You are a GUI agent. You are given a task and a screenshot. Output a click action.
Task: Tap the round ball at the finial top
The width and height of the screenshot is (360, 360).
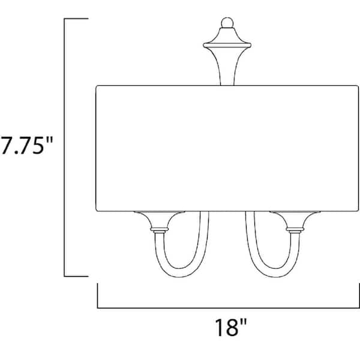pos(226,23)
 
